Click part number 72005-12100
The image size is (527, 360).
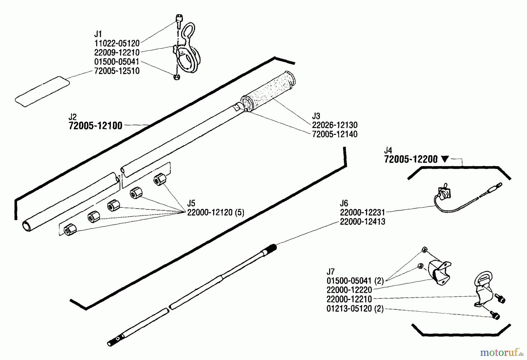click(95, 126)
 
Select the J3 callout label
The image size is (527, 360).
click(316, 116)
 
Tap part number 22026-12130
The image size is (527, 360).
click(335, 125)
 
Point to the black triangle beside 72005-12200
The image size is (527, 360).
click(445, 159)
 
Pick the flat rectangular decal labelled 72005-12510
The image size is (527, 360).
click(42, 91)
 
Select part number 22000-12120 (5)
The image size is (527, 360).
click(215, 212)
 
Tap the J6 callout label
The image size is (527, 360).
click(344, 203)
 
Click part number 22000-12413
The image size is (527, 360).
click(362, 222)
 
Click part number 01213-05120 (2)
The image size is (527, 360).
click(355, 309)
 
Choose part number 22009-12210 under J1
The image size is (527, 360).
click(117, 52)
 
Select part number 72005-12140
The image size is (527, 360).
click(335, 134)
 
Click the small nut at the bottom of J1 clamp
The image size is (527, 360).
click(177, 77)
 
